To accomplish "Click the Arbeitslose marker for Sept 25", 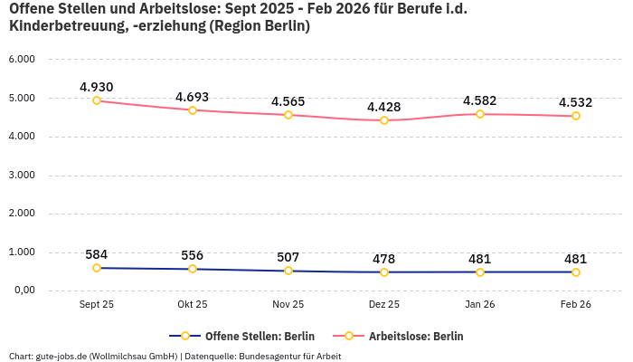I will [x=97, y=100].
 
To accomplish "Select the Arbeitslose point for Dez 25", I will [x=384, y=120].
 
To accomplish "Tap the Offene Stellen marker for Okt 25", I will [x=193, y=269].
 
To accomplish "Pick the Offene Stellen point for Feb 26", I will [x=576, y=271].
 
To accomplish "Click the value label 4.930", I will [x=97, y=87].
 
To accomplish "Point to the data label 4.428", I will [x=384, y=107].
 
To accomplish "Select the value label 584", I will [x=97, y=254].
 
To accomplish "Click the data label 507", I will [x=288, y=257].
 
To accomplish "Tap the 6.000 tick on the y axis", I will [x=22, y=59].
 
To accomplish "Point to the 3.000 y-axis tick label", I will [x=22, y=175].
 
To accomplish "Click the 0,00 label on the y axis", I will [x=24, y=291].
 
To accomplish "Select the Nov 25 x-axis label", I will [x=288, y=304].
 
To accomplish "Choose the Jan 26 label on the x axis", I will [x=480, y=304].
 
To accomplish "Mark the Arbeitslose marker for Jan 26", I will [x=480, y=114].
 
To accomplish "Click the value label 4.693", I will [x=193, y=97].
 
